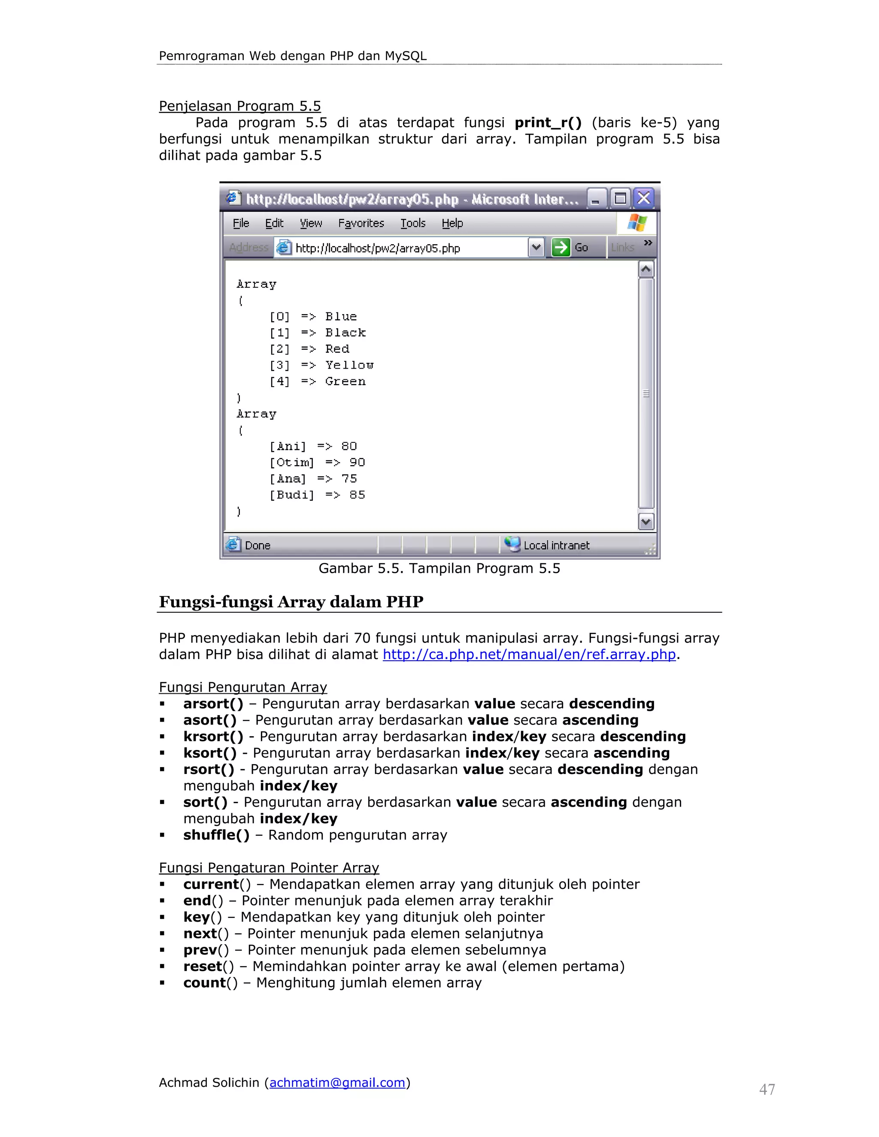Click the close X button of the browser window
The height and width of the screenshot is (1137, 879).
tap(644, 198)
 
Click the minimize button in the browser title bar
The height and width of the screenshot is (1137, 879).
tap(596, 198)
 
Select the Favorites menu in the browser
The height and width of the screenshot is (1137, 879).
tap(361, 224)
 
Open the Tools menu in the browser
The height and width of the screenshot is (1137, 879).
tap(413, 224)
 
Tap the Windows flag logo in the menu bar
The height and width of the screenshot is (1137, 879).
tap(637, 223)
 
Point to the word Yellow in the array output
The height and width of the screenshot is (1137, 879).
tap(349, 366)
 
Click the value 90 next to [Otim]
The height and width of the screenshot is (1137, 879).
tap(357, 462)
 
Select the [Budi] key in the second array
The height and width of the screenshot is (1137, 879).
tap(291, 495)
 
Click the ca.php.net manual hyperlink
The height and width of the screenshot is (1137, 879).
tap(529, 654)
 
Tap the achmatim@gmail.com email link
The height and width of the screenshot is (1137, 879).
tap(337, 1083)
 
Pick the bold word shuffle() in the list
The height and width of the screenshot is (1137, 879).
tap(216, 835)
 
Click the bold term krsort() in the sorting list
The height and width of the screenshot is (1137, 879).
tap(213, 737)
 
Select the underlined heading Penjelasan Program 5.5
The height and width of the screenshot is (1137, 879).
tap(239, 106)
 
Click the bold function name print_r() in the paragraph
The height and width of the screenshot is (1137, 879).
tap(548, 123)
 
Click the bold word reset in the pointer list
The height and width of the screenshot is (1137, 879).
tap(203, 967)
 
